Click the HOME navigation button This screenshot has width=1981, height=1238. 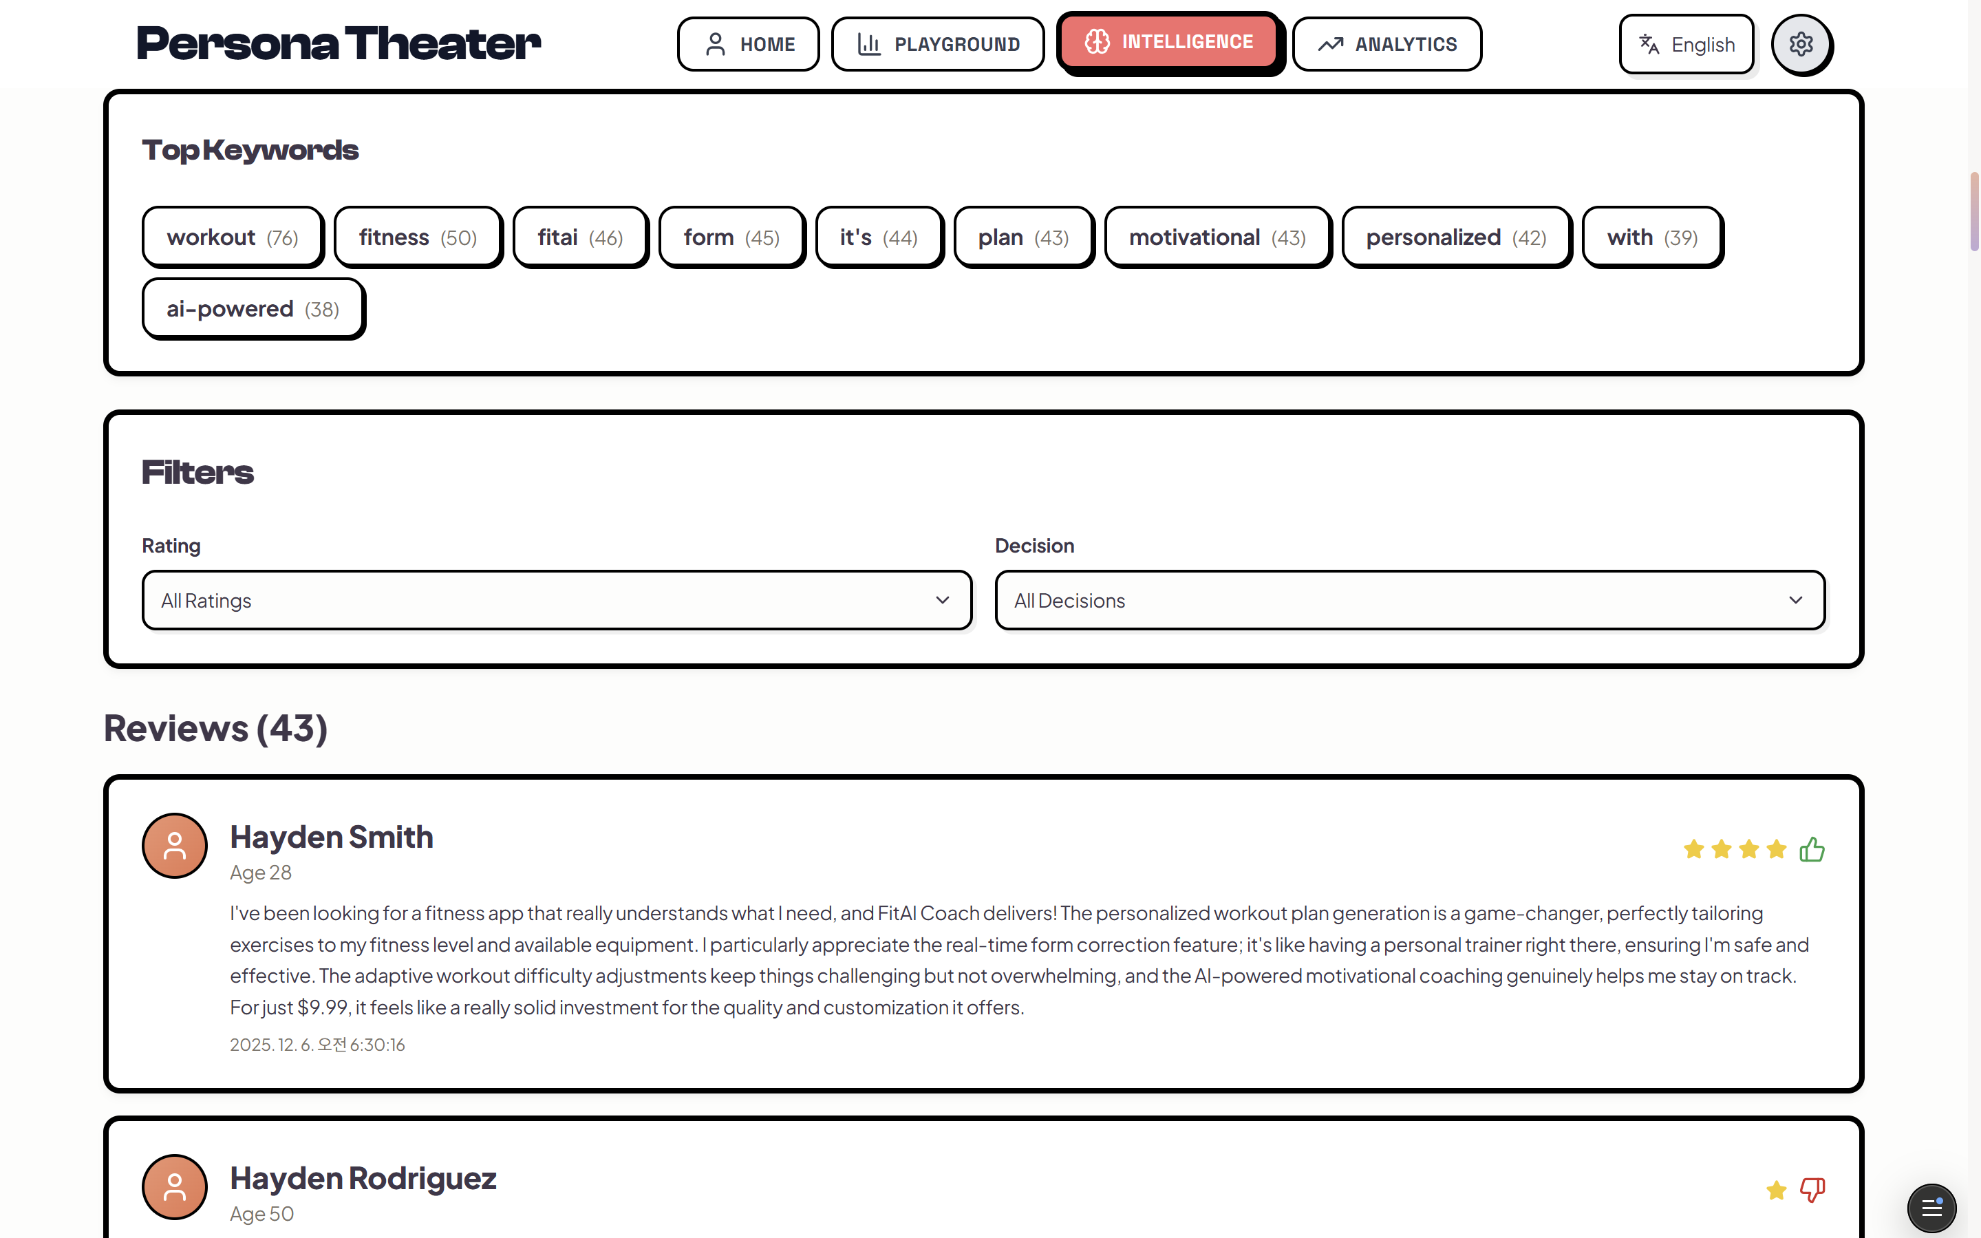tap(748, 44)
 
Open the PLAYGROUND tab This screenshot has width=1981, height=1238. tap(937, 44)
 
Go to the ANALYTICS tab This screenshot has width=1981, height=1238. tap(1386, 44)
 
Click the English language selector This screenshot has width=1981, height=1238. tap(1686, 44)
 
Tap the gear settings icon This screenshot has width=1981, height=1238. tap(1800, 44)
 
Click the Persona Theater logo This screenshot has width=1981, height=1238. tap(338, 44)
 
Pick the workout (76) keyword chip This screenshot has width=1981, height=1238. tap(233, 237)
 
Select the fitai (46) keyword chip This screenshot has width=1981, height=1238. tap(579, 237)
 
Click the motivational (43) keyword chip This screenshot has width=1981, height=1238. tap(1217, 237)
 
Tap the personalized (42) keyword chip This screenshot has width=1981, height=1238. tap(1455, 237)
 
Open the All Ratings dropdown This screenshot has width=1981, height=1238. tap(557, 600)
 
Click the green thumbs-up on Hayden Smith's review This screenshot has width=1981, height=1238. tap(1812, 849)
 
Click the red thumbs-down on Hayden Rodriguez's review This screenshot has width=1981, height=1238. tap(1812, 1189)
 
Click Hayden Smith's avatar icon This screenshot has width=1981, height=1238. tap(174, 846)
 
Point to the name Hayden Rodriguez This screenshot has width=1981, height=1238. tap(363, 1178)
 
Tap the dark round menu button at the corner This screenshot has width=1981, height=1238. tap(1931, 1208)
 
